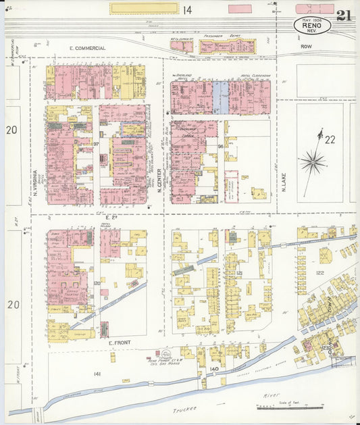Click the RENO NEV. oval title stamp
tap(312, 26)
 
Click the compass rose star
tap(312, 161)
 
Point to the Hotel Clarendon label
tap(256, 76)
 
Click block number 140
tap(214, 369)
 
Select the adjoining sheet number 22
tap(330, 140)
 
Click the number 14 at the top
tap(186, 9)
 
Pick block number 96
tap(220, 146)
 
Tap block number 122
tap(319, 273)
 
